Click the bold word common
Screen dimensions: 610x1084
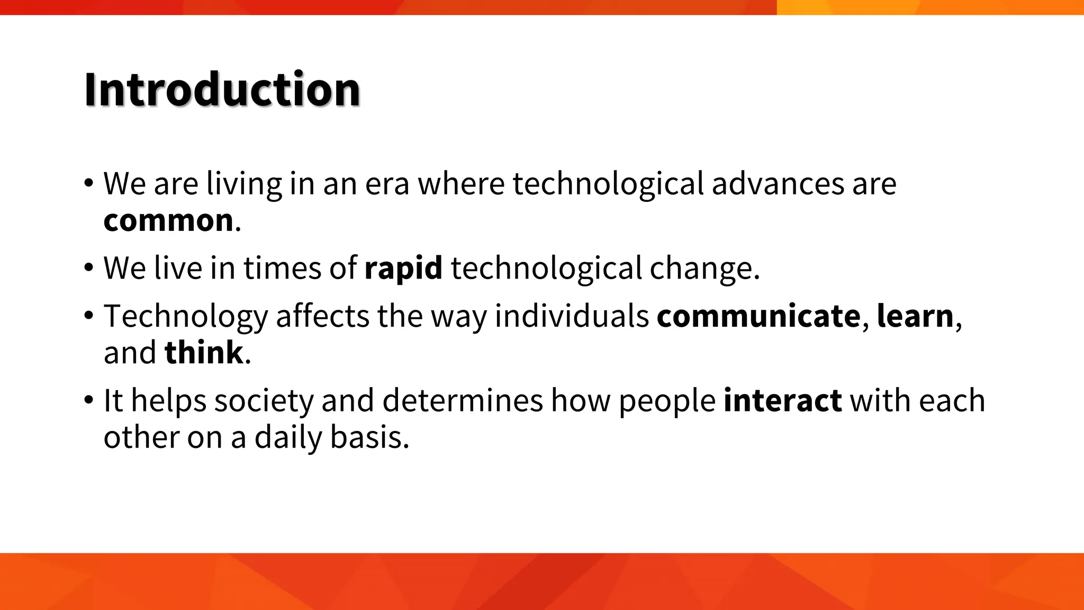pos(168,220)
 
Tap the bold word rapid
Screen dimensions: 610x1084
pos(403,268)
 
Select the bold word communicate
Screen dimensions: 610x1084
pos(758,316)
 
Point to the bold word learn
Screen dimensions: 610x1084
pos(915,316)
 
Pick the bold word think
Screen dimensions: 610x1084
pos(204,353)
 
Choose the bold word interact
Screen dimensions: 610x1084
pos(782,400)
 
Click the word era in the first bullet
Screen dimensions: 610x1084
pos(387,184)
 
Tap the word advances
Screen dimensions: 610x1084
pos(778,184)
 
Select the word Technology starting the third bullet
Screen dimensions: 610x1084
pos(186,317)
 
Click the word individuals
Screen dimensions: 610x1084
pos(572,316)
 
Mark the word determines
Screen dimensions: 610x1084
pos(463,400)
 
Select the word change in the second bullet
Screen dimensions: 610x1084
pos(704,269)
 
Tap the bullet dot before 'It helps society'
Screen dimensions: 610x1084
pos(88,400)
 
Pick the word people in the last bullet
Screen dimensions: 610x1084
pos(667,401)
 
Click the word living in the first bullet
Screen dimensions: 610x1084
pos(244,185)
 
